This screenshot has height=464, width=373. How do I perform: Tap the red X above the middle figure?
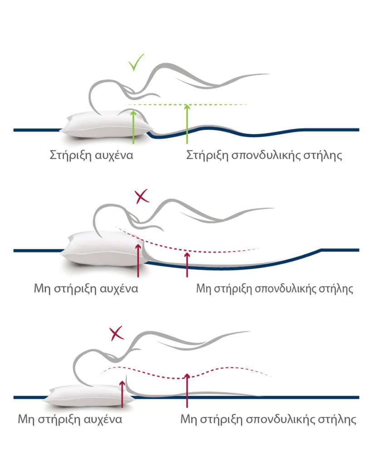(x=142, y=197)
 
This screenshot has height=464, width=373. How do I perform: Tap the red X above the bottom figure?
(x=117, y=334)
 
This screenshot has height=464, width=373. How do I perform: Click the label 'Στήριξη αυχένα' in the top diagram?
(x=91, y=155)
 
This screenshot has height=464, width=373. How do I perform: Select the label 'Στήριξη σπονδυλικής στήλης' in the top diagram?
(x=264, y=155)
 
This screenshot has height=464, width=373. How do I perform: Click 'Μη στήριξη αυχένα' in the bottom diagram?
(x=70, y=419)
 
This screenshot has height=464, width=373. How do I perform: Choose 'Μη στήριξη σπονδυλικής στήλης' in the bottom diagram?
(x=269, y=419)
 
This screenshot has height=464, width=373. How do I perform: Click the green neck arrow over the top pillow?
(x=133, y=127)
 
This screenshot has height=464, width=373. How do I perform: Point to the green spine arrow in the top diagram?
(x=187, y=124)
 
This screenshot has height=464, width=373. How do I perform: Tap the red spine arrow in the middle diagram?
(x=187, y=264)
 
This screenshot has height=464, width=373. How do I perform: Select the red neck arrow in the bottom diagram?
(x=122, y=394)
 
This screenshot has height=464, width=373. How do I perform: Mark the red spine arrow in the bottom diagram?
(x=187, y=391)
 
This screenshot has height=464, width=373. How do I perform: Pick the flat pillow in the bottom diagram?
(x=89, y=395)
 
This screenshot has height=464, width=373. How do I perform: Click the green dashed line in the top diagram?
(x=188, y=105)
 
